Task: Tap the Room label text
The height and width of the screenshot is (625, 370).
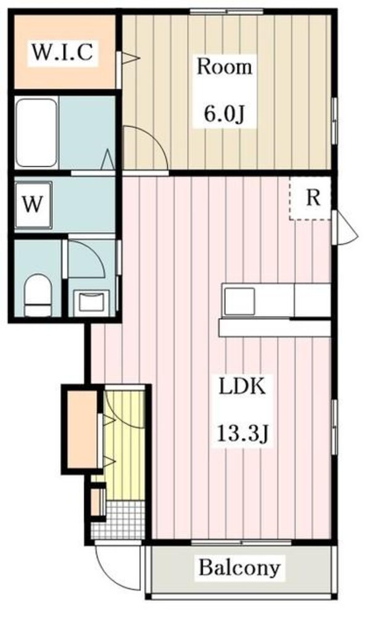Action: click(224, 67)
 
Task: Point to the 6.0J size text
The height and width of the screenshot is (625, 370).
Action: click(224, 113)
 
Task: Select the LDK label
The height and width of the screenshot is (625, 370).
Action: click(242, 387)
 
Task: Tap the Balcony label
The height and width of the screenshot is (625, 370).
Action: click(239, 567)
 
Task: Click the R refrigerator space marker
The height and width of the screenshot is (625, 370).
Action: click(313, 198)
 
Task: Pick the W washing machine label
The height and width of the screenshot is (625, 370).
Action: click(33, 204)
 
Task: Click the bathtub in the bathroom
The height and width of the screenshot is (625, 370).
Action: click(36, 133)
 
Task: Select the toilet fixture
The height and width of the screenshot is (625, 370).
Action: click(36, 295)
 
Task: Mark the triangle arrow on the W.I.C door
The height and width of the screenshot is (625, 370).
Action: click(131, 59)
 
